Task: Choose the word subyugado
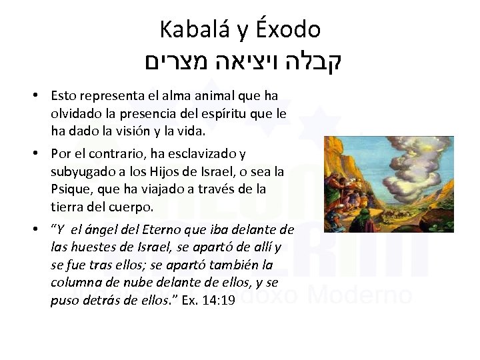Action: pos(81,172)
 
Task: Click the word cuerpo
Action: pos(132,207)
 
